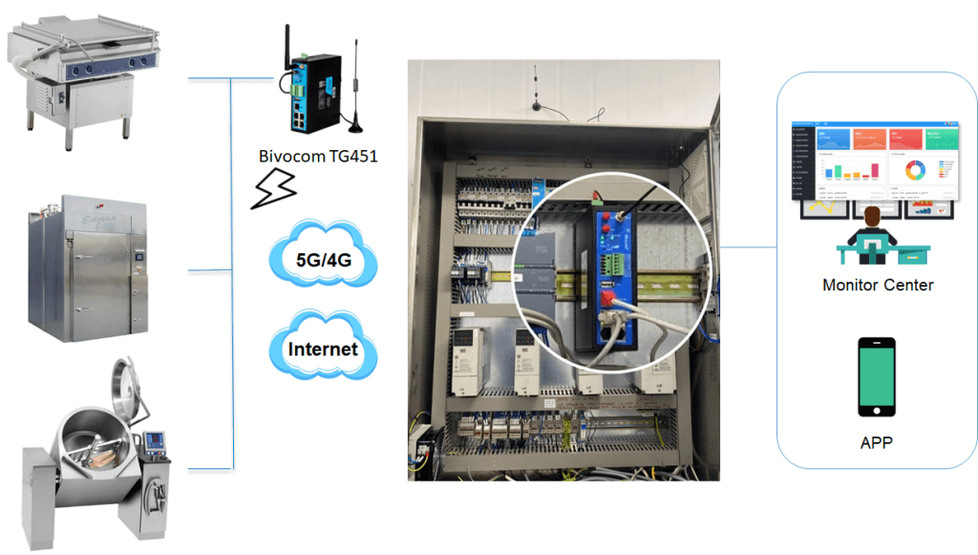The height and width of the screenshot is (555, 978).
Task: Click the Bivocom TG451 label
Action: pyautogui.click(x=318, y=156)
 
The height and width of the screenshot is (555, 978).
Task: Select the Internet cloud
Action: pyautogui.click(x=323, y=349)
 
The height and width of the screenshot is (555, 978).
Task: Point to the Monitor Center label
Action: pyautogui.click(x=878, y=285)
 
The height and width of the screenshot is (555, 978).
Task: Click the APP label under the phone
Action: pyautogui.click(x=877, y=443)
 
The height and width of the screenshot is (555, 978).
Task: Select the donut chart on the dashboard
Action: pyautogui.click(x=915, y=171)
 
